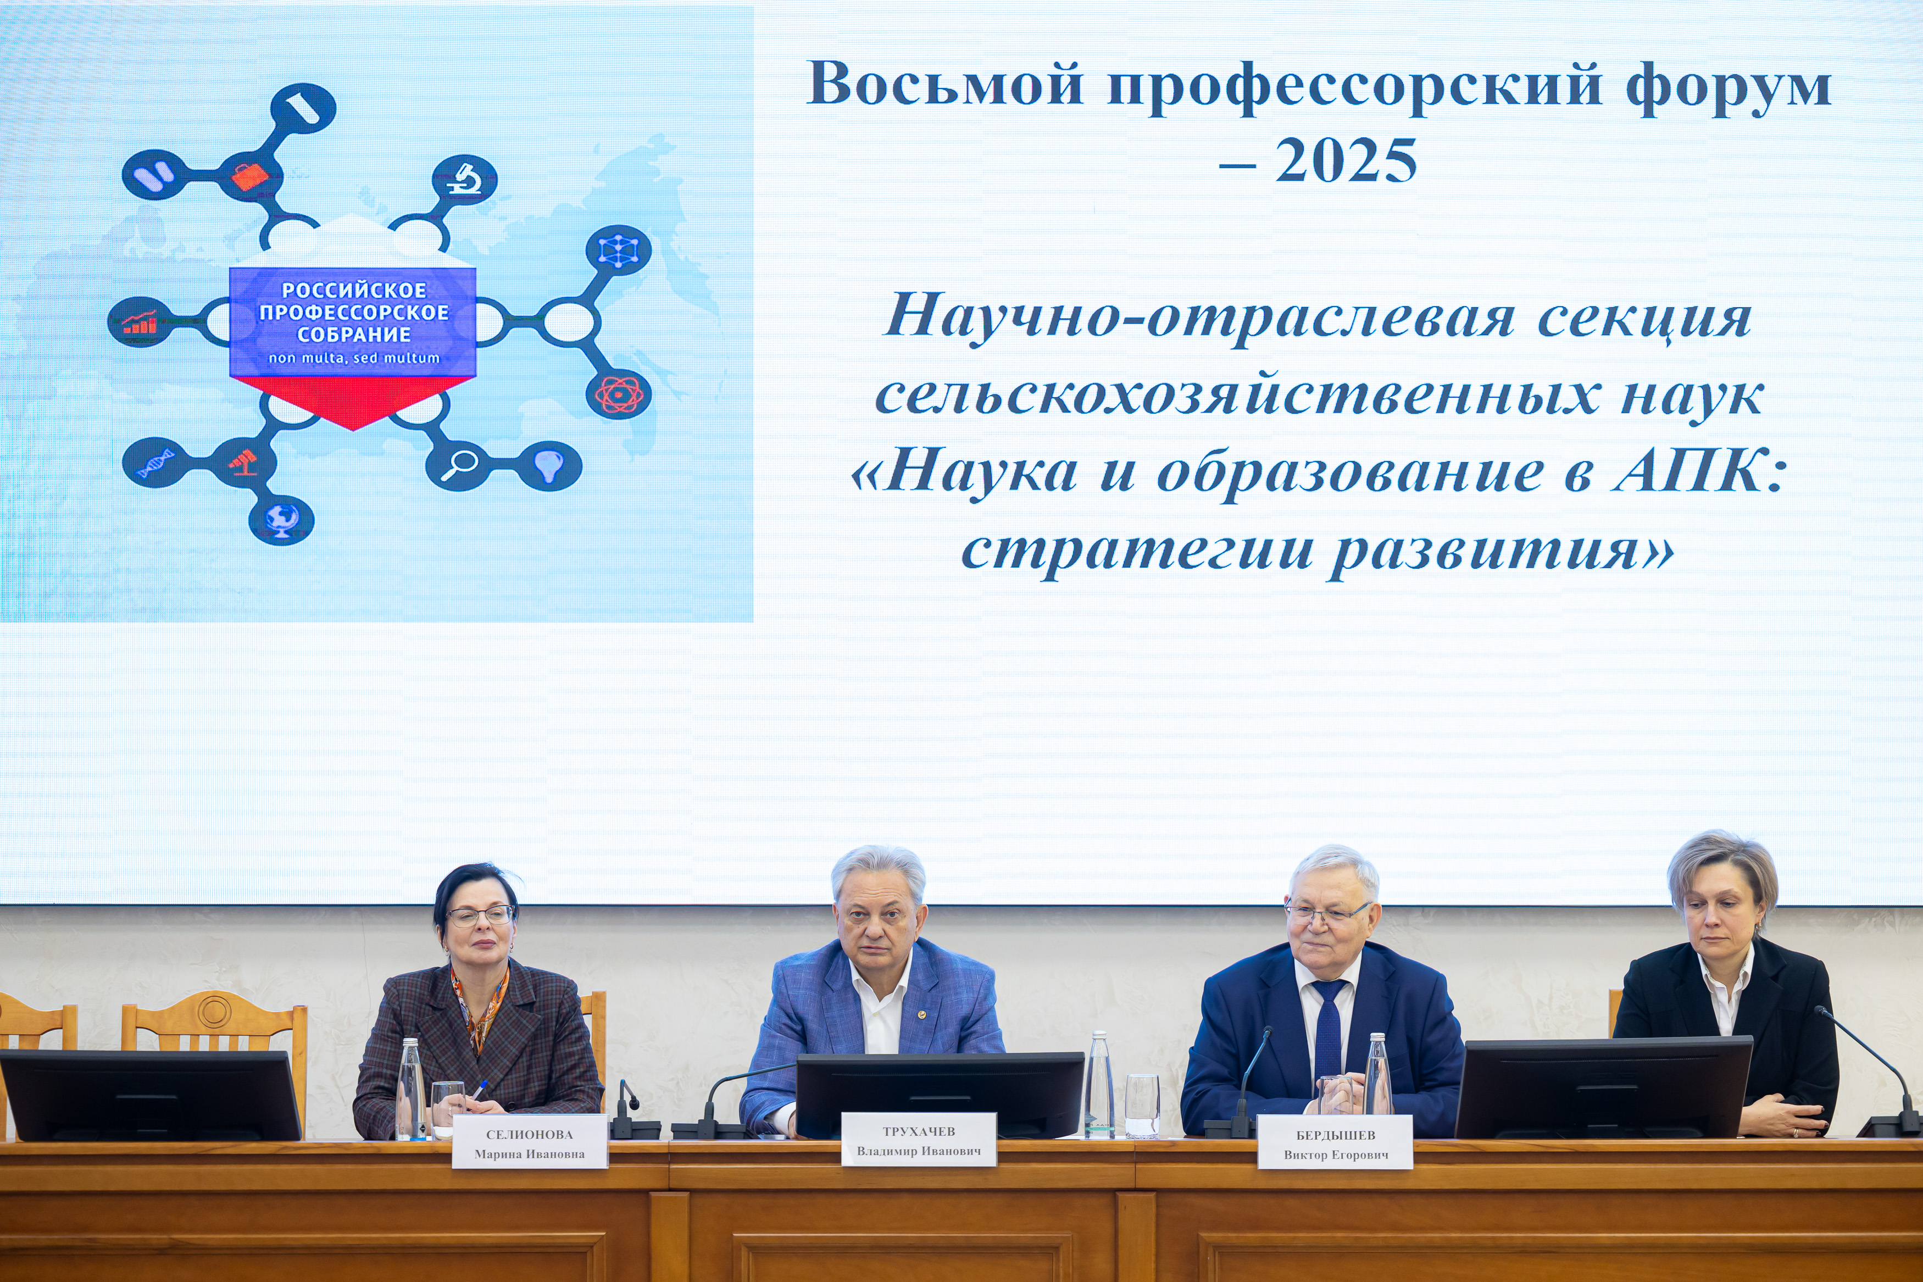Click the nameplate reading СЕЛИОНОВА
coord(530,1141)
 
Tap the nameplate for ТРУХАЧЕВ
coord(919,1139)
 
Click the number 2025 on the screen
coord(1346,161)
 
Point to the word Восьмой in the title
coord(946,84)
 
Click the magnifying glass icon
coord(458,466)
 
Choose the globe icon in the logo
coord(282,520)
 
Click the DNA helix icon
coord(156,462)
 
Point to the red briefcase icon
coord(250,176)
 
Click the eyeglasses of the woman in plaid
coord(480,915)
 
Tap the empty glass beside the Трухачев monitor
coord(1142,1106)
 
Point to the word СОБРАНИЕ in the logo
coord(354,335)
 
